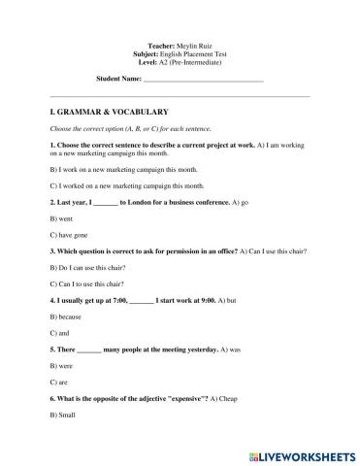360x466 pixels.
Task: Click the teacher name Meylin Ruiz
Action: (196, 47)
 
